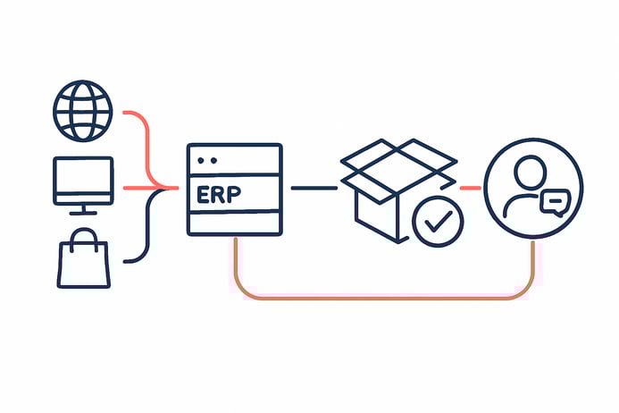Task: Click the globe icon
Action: (x=83, y=113)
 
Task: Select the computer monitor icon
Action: (x=83, y=181)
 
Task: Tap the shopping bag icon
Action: (x=83, y=260)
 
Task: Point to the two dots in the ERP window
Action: (x=207, y=160)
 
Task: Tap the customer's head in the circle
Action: (x=530, y=171)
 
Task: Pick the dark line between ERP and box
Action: (x=314, y=188)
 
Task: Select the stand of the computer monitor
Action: (x=83, y=208)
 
